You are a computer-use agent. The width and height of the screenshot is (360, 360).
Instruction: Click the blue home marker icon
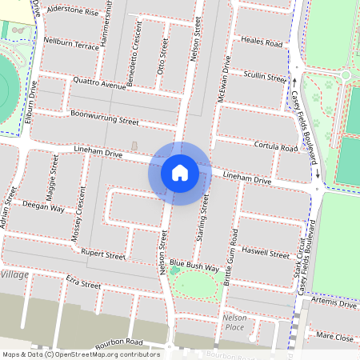[179, 173]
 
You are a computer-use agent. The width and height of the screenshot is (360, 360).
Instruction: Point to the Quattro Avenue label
[99, 83]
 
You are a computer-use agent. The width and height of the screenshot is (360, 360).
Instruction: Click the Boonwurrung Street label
[104, 119]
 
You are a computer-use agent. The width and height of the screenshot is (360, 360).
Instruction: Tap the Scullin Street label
[265, 78]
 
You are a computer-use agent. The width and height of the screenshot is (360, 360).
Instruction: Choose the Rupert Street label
[104, 255]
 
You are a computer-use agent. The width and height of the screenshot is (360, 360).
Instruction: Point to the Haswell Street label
[267, 254]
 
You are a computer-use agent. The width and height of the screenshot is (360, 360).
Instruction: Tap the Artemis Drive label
[335, 304]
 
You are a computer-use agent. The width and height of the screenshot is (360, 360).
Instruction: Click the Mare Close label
[334, 338]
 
